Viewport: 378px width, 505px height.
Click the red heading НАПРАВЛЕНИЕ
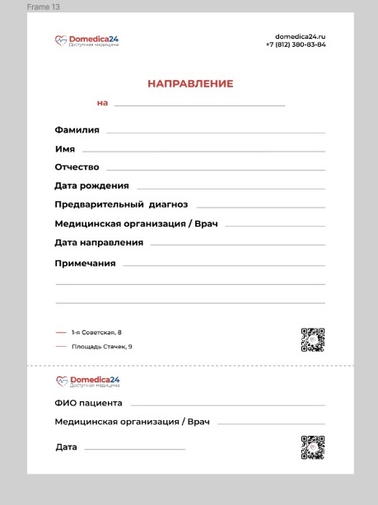tap(190, 84)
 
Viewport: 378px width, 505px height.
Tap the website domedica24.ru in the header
tap(301, 37)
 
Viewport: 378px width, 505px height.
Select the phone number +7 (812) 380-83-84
tap(296, 44)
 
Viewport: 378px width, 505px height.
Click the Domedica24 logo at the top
tap(86, 40)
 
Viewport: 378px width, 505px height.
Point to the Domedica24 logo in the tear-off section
tap(86, 381)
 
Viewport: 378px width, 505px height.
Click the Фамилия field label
tap(77, 130)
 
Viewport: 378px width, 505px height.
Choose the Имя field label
tap(65, 149)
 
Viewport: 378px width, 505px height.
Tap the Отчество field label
tap(77, 167)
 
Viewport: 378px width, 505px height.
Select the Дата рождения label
tap(91, 185)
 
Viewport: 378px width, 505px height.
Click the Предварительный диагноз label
tap(121, 204)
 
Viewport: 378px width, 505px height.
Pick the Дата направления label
tap(99, 242)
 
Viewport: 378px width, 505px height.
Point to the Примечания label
tap(85, 264)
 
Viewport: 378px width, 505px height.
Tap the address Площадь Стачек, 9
tap(101, 347)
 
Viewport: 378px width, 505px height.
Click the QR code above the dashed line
tap(313, 339)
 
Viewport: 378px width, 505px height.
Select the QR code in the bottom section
tap(313, 447)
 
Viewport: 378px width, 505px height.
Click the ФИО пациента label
tap(88, 403)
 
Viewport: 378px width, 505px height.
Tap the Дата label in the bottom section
tap(66, 447)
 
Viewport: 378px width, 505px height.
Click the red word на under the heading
tap(102, 103)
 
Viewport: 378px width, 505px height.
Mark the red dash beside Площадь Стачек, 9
tap(61, 347)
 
